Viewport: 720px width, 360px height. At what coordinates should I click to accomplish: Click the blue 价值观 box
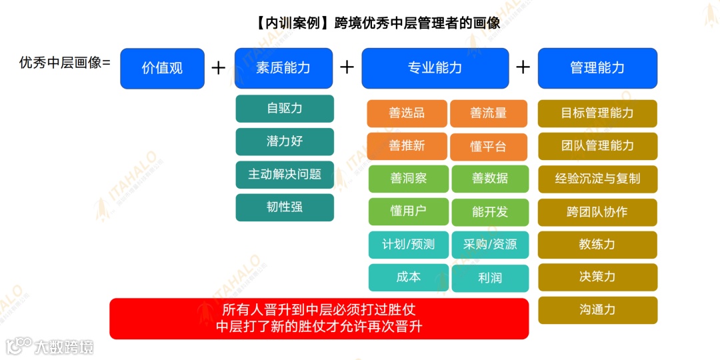pos(162,68)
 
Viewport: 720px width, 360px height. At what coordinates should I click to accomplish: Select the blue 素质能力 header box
pos(283,68)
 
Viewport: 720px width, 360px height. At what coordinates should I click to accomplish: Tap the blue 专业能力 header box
pos(435,68)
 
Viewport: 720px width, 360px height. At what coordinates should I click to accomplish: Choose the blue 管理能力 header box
pos(597,68)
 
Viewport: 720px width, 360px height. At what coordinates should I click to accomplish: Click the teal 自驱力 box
pos(285,109)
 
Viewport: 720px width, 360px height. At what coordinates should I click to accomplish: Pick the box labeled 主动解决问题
pos(285,175)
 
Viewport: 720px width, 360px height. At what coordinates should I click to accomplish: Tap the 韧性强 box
pos(285,207)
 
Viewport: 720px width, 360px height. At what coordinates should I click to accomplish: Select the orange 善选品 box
pos(407,113)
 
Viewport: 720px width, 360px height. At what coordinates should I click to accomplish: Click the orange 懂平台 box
pos(489,147)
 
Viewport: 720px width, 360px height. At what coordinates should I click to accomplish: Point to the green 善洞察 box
pos(409,179)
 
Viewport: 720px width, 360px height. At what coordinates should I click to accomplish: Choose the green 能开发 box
pos(490,212)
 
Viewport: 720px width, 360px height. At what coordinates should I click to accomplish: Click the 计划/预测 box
pos(409,245)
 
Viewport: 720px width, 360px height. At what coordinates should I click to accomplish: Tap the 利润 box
pos(490,278)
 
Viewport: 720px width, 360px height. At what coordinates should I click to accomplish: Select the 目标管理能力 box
pos(597,113)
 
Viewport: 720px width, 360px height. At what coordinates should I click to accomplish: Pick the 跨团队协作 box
pos(597,212)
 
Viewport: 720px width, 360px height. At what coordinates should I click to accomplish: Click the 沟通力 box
pos(597,310)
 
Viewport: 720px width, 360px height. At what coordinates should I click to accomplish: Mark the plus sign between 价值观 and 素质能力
pos(219,68)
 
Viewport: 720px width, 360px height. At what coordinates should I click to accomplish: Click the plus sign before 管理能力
pos(523,67)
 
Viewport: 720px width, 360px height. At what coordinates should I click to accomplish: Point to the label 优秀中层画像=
pos(65,63)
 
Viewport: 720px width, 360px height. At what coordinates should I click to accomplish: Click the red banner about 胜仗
pos(319,319)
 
